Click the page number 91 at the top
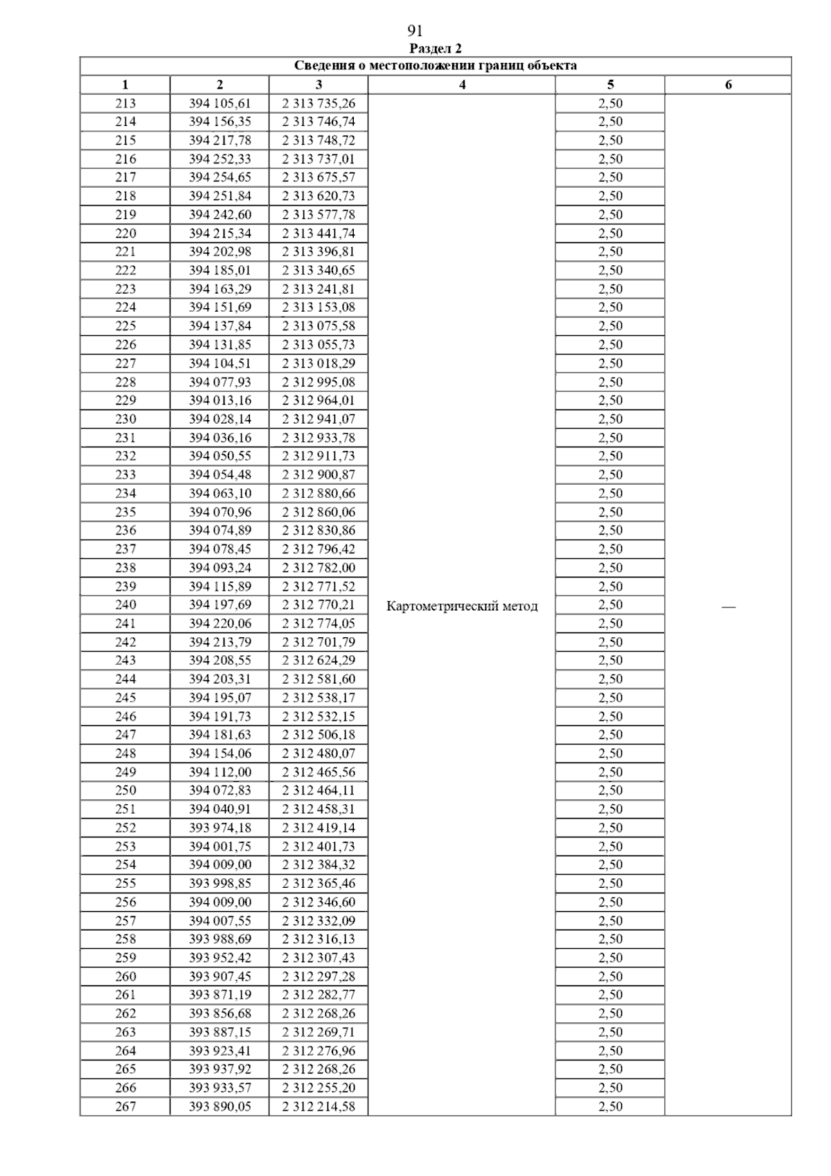[415, 30]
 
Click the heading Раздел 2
[436, 48]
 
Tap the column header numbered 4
[462, 85]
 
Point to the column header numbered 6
[728, 85]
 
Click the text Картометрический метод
[462, 607]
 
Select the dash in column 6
[728, 607]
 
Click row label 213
[125, 103]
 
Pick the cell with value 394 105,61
[220, 103]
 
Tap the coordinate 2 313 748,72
[319, 141]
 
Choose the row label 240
[125, 605]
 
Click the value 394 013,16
[220, 400]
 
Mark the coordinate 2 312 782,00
[319, 568]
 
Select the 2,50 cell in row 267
[610, 1107]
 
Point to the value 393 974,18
[220, 828]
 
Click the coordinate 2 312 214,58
[319, 1107]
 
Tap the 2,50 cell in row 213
[610, 103]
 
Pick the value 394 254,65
[220, 177]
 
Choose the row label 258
[125, 939]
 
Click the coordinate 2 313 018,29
[319, 363]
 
